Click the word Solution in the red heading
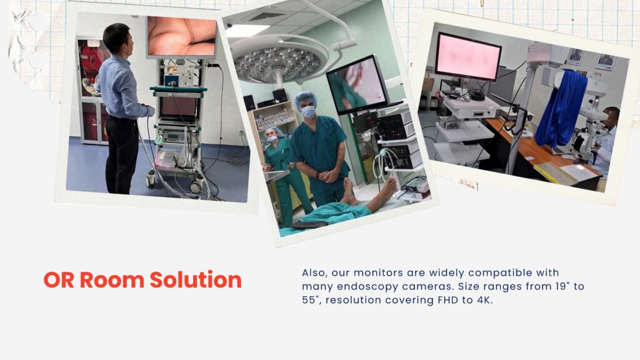coord(196,280)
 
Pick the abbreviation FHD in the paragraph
coord(447,300)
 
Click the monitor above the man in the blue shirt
coord(182,37)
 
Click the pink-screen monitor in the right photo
coord(467,56)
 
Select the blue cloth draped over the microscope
coord(562,108)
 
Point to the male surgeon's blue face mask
coord(308,111)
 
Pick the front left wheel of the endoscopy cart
coord(151,178)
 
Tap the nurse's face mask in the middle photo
coord(271,139)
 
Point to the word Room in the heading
coord(112,280)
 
